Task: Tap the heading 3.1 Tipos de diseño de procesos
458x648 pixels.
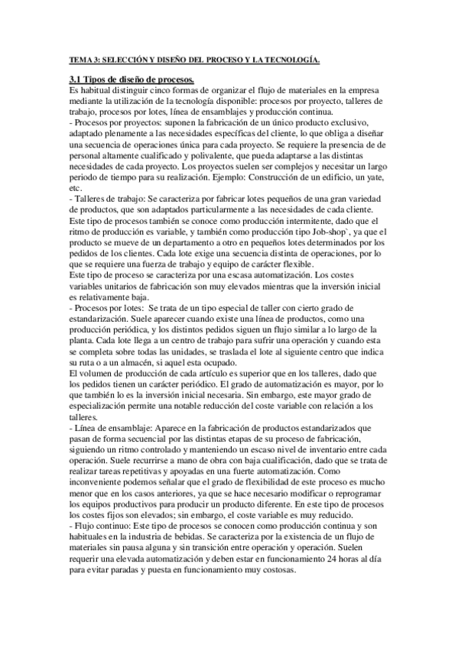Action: (131, 79)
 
